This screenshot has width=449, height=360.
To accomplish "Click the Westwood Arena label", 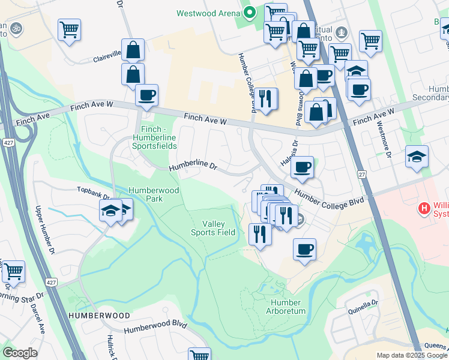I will tap(208, 13).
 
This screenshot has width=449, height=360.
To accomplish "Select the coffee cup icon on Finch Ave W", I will tap(146, 95).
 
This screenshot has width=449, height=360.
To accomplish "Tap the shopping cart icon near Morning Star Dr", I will tap(13, 271).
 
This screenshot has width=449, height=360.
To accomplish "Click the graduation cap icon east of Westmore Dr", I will tap(417, 156).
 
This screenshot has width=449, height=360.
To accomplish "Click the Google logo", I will tap(20, 353).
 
